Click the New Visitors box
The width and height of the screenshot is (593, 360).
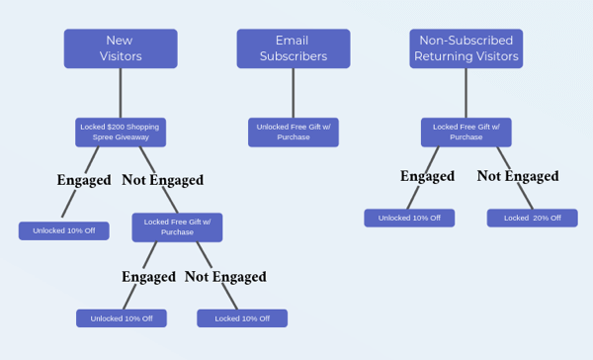121,48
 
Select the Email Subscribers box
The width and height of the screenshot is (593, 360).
293,48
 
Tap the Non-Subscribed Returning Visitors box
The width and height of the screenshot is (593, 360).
466,48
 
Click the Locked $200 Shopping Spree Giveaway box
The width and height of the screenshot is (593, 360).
121,132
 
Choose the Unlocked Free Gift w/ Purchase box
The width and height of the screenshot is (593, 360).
293,132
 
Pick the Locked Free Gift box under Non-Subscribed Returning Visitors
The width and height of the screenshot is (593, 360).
466,132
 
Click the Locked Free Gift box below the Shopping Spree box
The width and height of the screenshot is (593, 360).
177,226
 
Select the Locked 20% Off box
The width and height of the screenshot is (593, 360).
532,218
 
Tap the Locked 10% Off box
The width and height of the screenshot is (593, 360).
242,318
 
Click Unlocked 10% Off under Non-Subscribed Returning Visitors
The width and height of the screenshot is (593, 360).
409,218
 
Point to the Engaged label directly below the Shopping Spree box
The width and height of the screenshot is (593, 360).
84,180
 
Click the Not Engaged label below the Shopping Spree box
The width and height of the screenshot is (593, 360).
162,180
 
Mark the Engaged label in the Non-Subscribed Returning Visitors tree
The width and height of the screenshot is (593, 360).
427,176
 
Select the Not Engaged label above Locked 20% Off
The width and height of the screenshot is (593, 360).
518,176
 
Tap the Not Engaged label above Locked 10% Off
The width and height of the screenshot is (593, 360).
225,277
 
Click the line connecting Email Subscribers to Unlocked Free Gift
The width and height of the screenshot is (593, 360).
293,93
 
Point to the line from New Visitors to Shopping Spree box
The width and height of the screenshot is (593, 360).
121,93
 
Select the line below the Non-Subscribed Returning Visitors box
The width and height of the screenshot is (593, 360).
466,93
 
